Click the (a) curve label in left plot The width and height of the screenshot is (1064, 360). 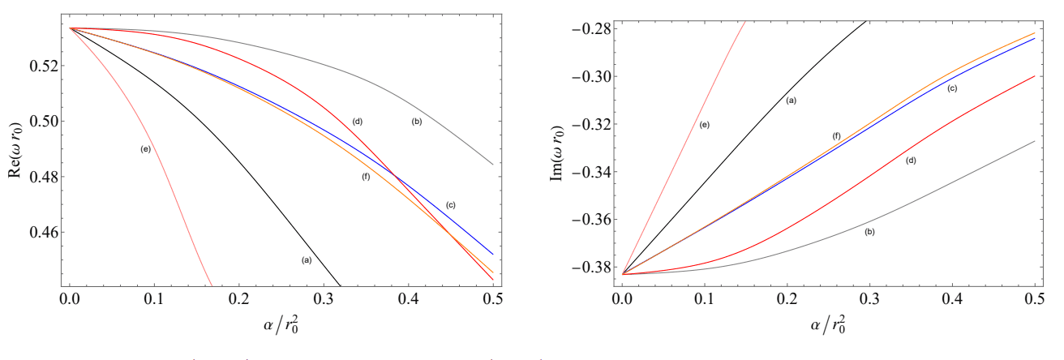tap(306, 259)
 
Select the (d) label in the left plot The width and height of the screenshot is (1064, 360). tap(356, 121)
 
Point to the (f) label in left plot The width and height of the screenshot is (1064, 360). tap(366, 177)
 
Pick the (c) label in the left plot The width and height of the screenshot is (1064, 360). tap(452, 204)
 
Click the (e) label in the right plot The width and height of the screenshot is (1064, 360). tap(705, 125)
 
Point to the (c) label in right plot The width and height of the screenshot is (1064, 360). tap(952, 88)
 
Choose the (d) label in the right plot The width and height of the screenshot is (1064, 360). tap(911, 161)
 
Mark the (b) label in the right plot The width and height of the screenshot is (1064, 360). tap(869, 232)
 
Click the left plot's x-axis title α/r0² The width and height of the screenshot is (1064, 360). tap(282, 331)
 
